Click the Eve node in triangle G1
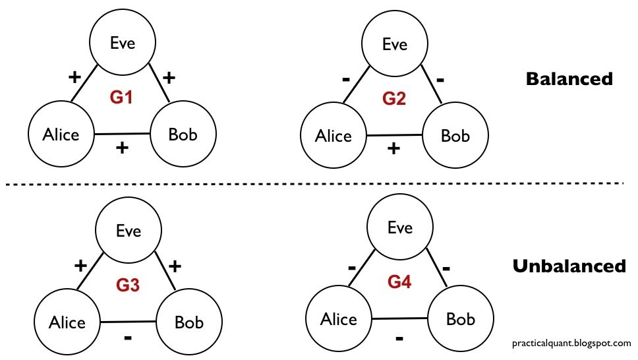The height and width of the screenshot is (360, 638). [123, 44]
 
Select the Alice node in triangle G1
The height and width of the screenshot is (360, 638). [61, 135]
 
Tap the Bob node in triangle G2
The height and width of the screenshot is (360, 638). [455, 136]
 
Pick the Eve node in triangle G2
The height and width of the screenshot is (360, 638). [395, 44]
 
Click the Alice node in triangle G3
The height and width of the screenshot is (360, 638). [67, 322]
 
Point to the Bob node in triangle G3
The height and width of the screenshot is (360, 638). [189, 322]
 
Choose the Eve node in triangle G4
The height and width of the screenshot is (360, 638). [399, 228]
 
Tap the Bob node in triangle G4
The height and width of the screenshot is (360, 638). [461, 320]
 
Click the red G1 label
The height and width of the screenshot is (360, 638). [122, 98]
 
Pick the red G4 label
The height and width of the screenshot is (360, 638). [399, 282]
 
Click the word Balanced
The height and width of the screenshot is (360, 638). [569, 79]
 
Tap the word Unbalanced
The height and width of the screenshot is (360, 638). [568, 266]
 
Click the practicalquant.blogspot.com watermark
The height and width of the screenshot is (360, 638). [571, 343]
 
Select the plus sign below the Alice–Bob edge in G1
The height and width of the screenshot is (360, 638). [121, 148]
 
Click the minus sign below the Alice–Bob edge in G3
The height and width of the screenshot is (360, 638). [128, 338]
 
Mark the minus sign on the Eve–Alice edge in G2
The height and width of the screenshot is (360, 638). [345, 80]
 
